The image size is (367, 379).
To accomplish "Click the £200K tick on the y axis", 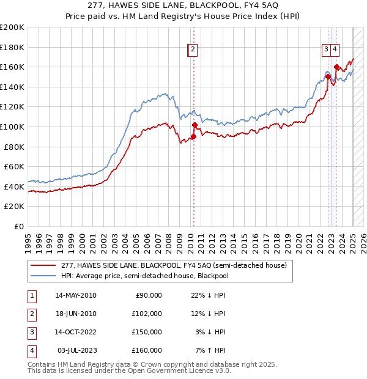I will point(12,27).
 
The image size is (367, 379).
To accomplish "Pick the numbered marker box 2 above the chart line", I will point(193,50).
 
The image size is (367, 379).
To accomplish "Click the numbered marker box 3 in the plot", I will point(327,50).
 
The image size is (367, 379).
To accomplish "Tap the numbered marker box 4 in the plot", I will point(336,50).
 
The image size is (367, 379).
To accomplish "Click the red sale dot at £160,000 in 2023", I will point(336,67).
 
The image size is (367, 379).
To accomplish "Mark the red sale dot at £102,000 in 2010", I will point(195,125).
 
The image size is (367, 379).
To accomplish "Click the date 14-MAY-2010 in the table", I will point(76,295).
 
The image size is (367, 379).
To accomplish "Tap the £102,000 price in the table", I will point(147,314).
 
